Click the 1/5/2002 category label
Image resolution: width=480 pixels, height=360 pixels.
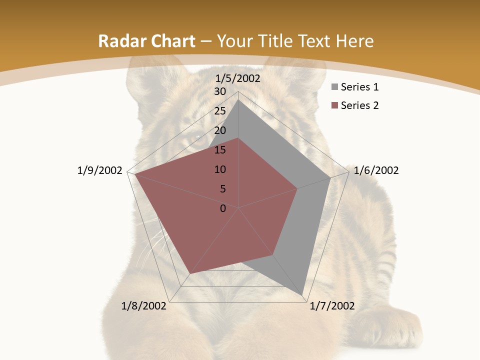click(238, 78)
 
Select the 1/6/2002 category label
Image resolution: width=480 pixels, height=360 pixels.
click(376, 170)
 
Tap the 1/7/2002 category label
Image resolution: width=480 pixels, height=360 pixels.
click(332, 306)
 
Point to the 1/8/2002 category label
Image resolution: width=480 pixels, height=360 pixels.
click(144, 306)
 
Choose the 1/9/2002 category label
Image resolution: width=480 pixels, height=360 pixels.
click(100, 170)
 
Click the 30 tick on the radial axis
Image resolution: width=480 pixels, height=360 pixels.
click(220, 91)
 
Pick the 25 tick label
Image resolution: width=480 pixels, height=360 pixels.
click(220, 111)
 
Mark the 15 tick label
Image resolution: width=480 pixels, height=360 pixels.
click(220, 150)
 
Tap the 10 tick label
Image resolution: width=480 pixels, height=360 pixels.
click(220, 169)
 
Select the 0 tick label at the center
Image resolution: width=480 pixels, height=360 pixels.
click(223, 208)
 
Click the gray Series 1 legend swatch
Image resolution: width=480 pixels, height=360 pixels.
click(335, 87)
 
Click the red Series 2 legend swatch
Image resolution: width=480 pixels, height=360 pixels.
click(335, 105)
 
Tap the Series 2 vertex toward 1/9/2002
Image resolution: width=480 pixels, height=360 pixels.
click(135, 174)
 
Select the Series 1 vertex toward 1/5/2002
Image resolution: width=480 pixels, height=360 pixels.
click(238, 100)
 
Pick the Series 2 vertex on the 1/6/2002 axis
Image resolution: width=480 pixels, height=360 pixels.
click(297, 189)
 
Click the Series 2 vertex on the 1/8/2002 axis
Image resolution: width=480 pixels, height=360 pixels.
click(190, 273)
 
